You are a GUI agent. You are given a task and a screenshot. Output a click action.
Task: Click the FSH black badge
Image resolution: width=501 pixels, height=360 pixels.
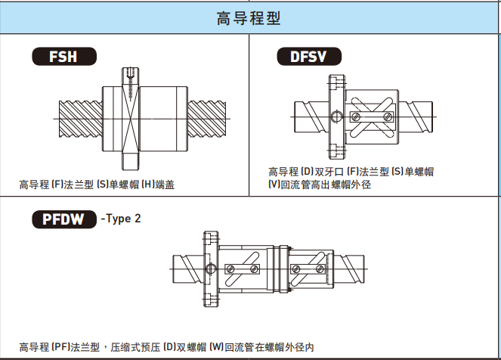63,56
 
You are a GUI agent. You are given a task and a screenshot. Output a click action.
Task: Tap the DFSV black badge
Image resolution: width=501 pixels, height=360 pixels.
306,57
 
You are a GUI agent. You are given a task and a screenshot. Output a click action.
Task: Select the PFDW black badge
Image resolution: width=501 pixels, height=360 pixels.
63,219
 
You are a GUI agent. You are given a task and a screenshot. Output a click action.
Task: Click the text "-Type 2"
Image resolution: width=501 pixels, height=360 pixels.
120,219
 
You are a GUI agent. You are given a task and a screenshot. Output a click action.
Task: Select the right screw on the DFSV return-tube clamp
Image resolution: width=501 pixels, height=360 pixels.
389,116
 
